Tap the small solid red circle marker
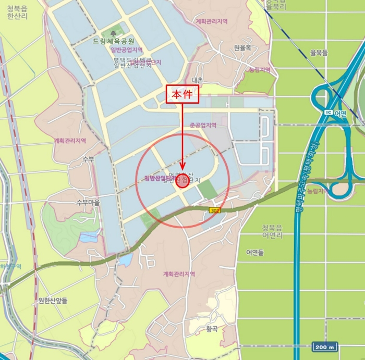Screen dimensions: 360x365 point(182,181)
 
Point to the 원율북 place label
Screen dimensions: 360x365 point(242,47)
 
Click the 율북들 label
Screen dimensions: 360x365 point(319,53)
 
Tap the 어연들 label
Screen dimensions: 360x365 point(254,253)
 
